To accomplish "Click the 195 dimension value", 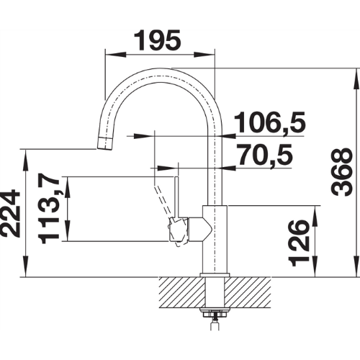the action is coord(157,40).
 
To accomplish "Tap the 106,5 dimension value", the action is coord(269,122).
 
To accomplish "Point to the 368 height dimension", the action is coord(341,172).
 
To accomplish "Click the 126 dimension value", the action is coord(299,243).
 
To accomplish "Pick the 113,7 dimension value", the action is coord(49,208).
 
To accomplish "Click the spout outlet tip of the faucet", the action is coord(104,144).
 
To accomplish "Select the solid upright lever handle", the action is coord(176,197).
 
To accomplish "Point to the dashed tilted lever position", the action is coord(162,200).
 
